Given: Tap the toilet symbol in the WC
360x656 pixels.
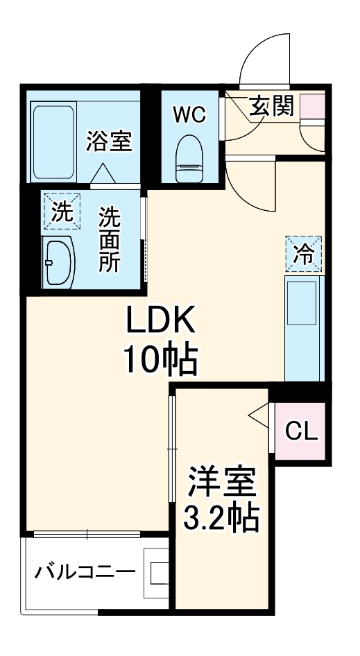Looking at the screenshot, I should (x=189, y=159).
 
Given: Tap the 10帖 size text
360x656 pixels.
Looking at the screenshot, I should (x=161, y=359).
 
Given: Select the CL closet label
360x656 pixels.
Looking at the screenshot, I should (x=302, y=433).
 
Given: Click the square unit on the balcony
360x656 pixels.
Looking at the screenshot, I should (x=156, y=573).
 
